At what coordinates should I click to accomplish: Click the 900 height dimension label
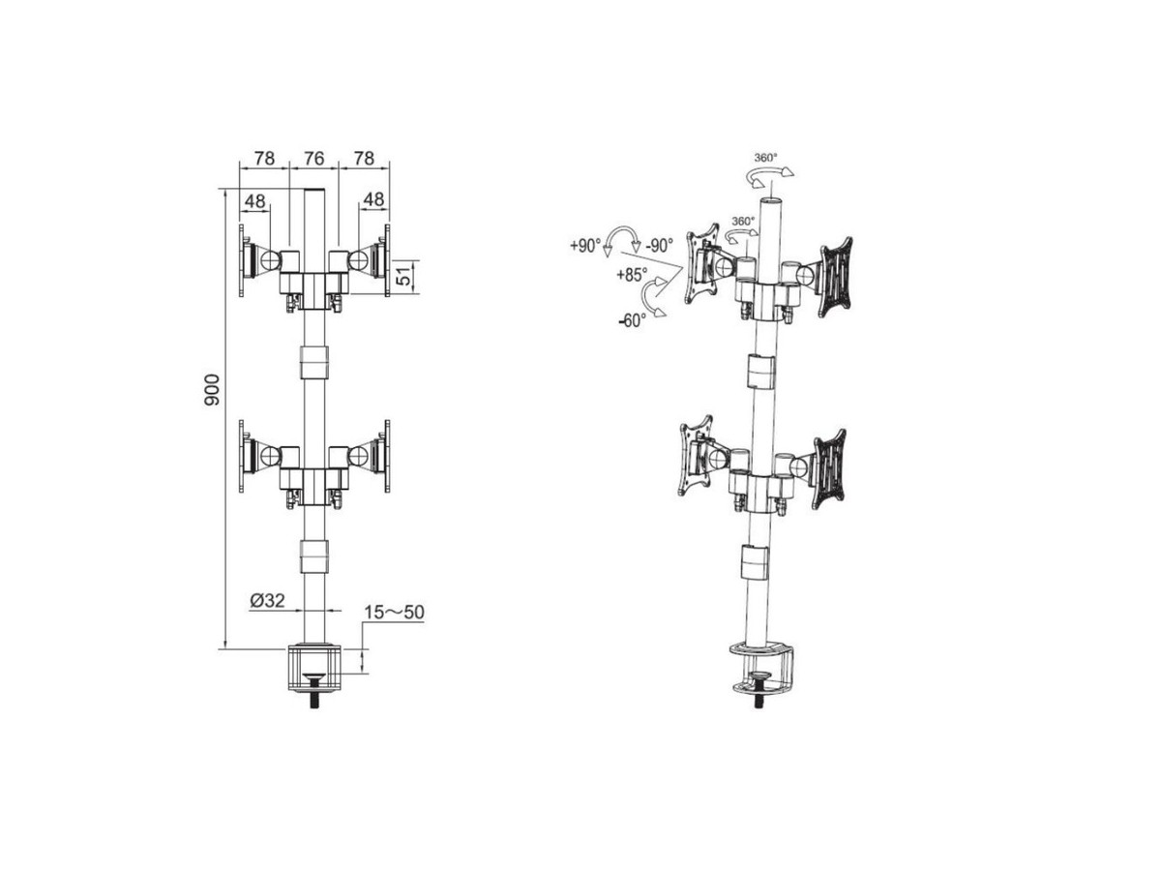coord(212,390)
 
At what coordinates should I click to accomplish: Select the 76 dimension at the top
coord(313,158)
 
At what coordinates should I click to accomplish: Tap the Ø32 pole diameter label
coord(268,600)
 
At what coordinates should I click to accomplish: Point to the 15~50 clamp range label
coord(394,613)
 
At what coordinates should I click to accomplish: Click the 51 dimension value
coord(404,276)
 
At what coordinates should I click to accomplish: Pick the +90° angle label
coord(585,246)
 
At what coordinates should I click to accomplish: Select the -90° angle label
coord(659,246)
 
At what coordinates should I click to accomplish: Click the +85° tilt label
coord(632,275)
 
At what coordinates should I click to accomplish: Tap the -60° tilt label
coord(633,320)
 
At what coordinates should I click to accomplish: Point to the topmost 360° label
coord(766,158)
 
